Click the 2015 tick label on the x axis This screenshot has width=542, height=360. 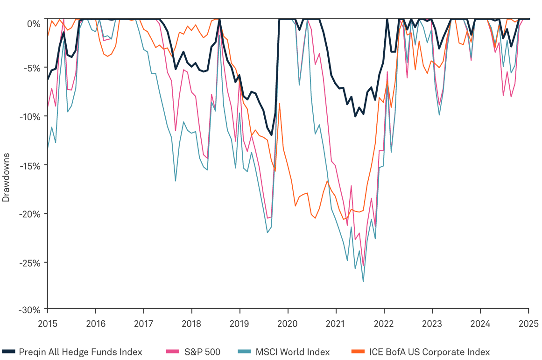pyautogui.click(x=47, y=323)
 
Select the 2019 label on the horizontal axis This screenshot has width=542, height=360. pyautogui.click(x=239, y=323)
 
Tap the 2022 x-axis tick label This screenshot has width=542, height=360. pyautogui.click(x=384, y=323)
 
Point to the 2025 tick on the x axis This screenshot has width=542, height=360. pyautogui.click(x=528, y=323)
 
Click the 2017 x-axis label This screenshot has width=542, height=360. pyautogui.click(x=143, y=323)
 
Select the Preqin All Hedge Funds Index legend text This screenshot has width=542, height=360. pyautogui.click(x=81, y=352)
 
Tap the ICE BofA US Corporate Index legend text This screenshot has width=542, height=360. pyautogui.click(x=429, y=352)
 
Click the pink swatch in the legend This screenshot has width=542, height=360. pyautogui.click(x=173, y=352)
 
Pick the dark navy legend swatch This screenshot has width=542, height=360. pyautogui.click(x=8, y=352)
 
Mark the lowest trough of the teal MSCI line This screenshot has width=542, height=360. pyautogui.click(x=363, y=281)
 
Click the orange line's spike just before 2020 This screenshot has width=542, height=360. pyautogui.click(x=279, y=103)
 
